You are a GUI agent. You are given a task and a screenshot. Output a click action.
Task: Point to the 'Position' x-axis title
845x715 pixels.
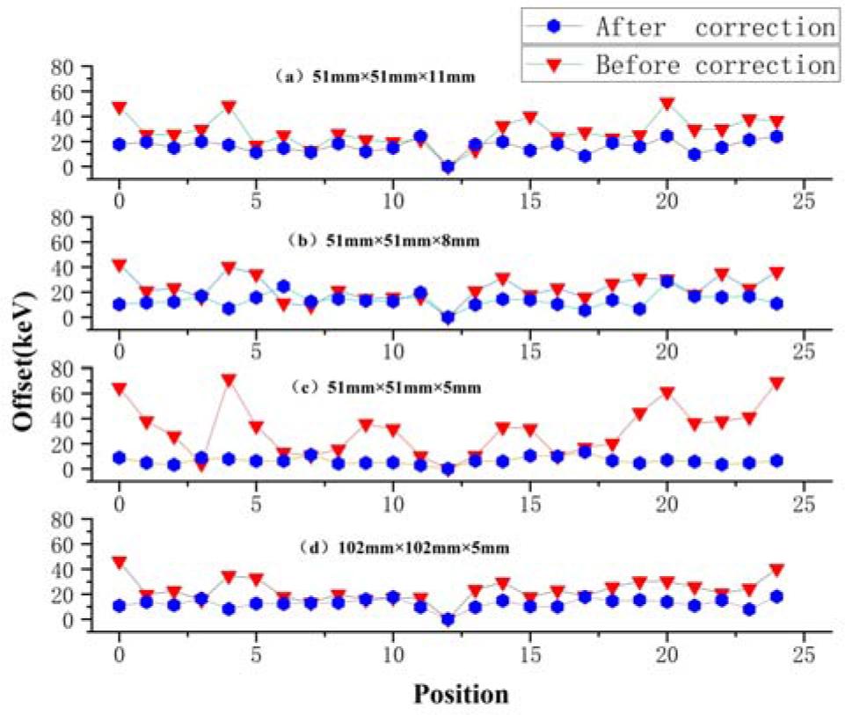(x=461, y=694)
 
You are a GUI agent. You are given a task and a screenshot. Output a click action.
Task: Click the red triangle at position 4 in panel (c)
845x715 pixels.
(x=229, y=381)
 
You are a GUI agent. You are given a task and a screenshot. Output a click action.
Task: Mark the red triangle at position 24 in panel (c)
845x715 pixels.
(x=776, y=383)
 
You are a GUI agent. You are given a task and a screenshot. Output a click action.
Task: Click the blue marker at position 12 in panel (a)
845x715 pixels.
(x=448, y=166)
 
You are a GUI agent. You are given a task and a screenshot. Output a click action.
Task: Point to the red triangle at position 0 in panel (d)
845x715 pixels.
(x=119, y=562)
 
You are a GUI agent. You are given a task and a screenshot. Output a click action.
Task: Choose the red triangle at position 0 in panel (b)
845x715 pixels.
(x=119, y=265)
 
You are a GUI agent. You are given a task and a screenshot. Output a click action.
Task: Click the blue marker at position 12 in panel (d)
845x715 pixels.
(x=448, y=619)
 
